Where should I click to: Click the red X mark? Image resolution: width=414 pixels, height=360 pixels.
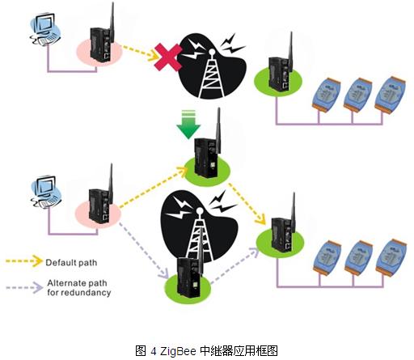(x=168, y=57)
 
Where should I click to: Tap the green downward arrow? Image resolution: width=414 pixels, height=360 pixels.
(x=188, y=125)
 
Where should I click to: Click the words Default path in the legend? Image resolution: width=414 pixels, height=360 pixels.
(x=71, y=262)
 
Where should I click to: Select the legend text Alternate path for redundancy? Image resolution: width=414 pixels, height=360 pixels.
(x=79, y=288)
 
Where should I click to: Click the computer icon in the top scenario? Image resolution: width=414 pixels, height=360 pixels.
(x=44, y=29)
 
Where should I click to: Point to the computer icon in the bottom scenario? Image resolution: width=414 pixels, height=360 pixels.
(x=46, y=192)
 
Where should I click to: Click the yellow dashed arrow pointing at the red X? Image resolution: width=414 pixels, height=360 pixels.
(x=140, y=53)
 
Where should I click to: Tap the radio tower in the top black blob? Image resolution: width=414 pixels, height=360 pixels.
(x=213, y=74)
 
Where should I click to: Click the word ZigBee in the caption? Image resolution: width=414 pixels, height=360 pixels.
(x=178, y=351)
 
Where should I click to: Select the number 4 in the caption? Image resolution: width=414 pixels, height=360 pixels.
(x=154, y=351)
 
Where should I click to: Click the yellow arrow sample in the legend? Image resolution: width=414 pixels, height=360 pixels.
(x=24, y=260)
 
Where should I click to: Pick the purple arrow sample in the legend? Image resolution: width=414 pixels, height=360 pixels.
(x=24, y=287)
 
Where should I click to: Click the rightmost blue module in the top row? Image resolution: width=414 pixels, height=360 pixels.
(x=390, y=94)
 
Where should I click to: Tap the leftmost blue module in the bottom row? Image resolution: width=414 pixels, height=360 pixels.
(x=327, y=257)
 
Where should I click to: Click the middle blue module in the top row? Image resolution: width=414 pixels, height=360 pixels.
(x=358, y=95)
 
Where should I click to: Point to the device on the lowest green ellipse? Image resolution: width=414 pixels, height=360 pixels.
(x=188, y=273)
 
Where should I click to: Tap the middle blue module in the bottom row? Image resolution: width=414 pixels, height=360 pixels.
(x=359, y=258)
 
